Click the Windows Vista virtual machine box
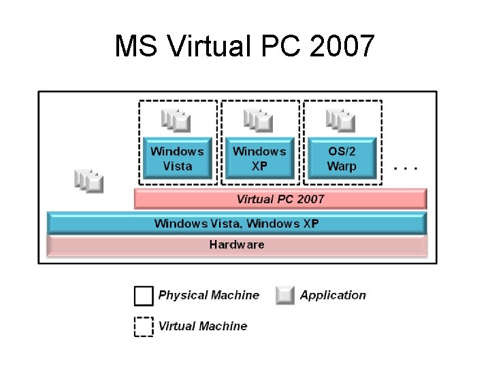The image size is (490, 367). point(177,158)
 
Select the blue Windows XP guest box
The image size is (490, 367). point(259,158)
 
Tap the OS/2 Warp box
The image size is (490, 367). point(342,158)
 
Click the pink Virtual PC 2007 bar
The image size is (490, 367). point(280,199)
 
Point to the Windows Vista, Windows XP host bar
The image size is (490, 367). point(236,223)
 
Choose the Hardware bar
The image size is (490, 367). point(236,245)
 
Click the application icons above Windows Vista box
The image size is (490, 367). point(177,121)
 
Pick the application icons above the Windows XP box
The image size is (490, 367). point(259,121)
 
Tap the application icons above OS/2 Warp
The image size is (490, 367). point(342,121)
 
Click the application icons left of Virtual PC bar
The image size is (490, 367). point(89,180)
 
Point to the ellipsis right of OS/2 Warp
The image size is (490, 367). point(406,167)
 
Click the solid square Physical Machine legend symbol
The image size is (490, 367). point(144,296)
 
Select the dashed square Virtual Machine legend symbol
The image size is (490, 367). point(144,326)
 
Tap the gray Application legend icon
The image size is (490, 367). point(285,296)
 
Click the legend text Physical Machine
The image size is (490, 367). point(209,295)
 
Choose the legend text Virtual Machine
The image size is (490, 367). point(203,326)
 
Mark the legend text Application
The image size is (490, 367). point(333,295)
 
